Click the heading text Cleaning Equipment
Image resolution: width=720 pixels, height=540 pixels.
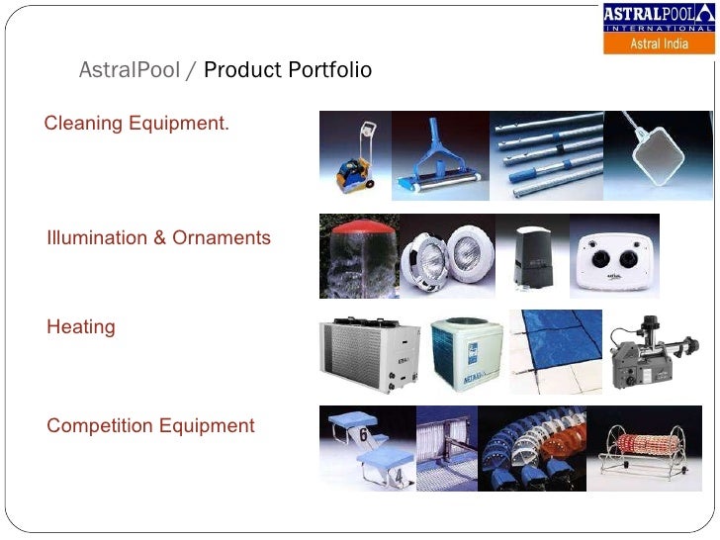pos(136,124)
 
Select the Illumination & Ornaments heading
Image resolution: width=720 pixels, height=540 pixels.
pos(158,238)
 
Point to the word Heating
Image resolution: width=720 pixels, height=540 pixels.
pos(81,327)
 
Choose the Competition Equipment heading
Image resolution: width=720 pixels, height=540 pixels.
pos(150,426)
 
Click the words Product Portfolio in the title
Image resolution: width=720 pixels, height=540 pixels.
pos(288,70)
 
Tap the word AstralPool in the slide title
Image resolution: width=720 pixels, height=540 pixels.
pos(129,70)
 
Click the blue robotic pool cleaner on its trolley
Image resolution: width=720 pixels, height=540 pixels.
pos(354,158)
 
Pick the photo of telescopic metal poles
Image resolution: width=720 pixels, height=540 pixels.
pos(546,155)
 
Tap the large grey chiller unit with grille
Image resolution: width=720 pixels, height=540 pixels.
pos(367,355)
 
